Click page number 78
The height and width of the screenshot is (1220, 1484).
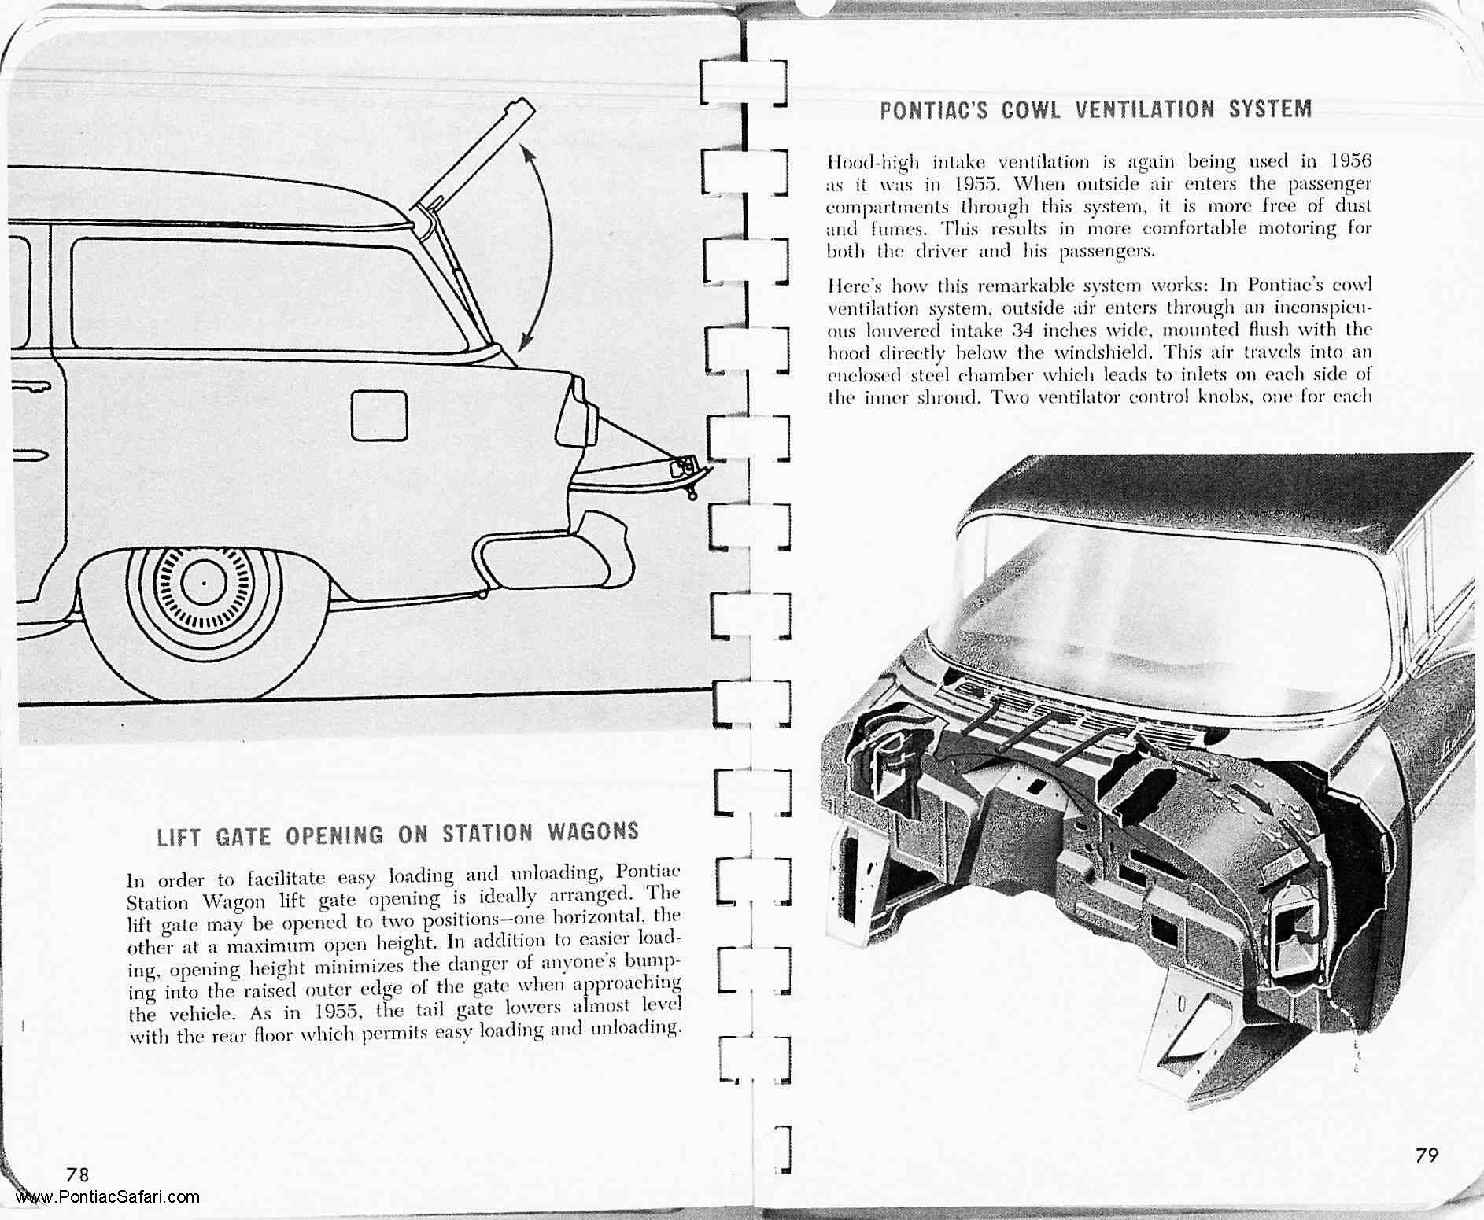pos(78,1174)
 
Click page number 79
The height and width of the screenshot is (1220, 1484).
pos(1427,1155)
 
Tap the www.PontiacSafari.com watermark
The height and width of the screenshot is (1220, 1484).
pos(107,1197)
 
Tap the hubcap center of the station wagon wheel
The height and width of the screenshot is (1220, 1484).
pos(203,582)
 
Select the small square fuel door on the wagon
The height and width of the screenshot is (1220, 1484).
pos(378,415)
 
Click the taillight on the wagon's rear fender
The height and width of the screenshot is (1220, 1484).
pos(578,412)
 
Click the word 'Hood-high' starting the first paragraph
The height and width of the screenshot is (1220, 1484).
pos(872,163)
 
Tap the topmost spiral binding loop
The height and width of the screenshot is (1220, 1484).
pos(744,83)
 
